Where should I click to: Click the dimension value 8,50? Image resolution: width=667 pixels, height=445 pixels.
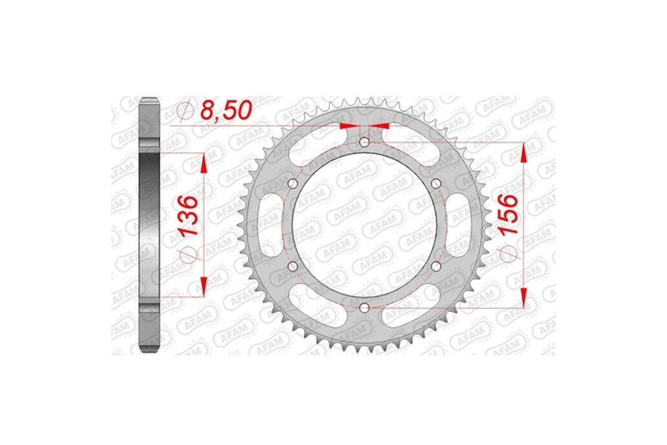pos(226,111)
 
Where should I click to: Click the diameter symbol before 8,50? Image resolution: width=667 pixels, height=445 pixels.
pos(185,112)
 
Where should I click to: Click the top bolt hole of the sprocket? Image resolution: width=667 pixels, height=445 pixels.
pos(364,142)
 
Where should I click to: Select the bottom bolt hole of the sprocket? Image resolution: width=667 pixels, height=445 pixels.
pos(364,307)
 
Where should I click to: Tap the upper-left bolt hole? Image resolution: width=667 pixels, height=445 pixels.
pos(293,184)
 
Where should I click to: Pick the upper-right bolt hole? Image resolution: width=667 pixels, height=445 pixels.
pos(435,184)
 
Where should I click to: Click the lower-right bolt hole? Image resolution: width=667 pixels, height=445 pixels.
pos(435,266)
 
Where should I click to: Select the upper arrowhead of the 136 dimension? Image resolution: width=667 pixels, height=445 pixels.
pos(203,162)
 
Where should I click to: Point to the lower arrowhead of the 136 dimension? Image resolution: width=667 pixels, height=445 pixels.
pos(203,287)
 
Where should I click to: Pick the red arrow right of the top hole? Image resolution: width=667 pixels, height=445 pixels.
pos(382,126)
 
